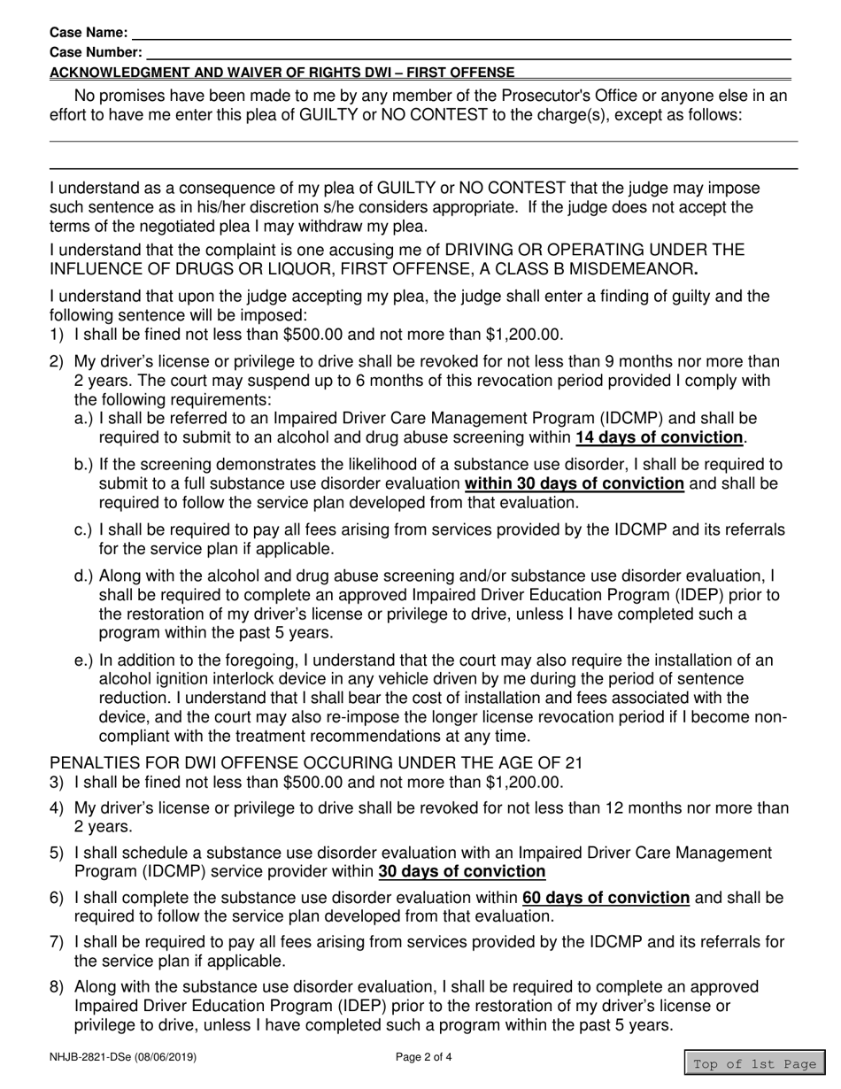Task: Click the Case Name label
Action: pos(89,33)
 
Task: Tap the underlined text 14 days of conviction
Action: pos(660,437)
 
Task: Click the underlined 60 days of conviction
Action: pos(606,898)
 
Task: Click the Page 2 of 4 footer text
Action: pos(424,1056)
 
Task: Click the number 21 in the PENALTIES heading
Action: pos(574,763)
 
